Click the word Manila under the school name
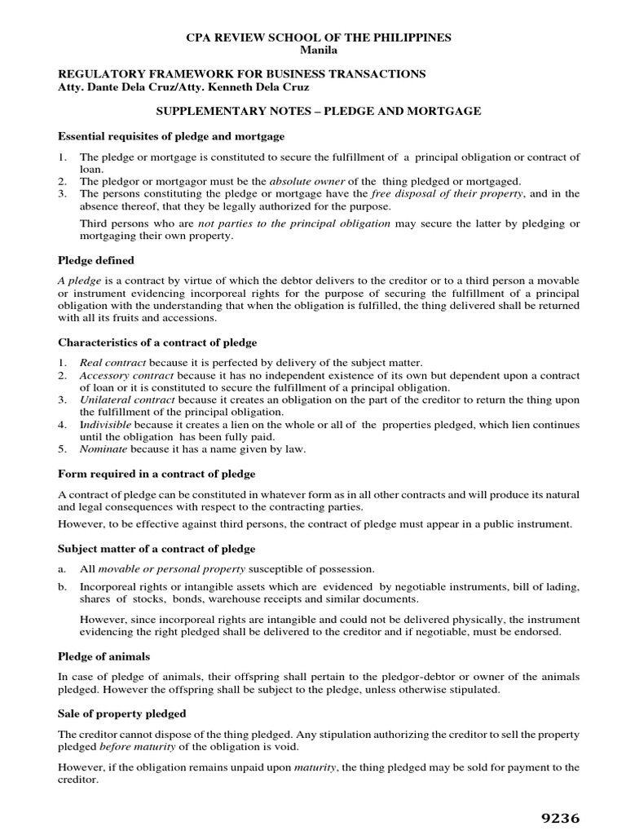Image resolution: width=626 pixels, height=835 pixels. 312,51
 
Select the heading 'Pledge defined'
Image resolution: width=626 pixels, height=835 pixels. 96,260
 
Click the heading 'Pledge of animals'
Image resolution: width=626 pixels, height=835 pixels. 104,656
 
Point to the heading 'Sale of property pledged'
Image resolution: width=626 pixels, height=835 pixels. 122,714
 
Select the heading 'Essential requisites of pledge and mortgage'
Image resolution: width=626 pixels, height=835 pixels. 171,135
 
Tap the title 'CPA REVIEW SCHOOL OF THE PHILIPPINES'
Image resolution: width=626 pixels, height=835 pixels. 312,38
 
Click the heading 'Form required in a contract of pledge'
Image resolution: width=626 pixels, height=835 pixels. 156,473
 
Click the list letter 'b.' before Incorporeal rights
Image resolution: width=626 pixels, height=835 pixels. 63,586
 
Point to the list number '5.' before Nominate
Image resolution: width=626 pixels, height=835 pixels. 62,448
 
